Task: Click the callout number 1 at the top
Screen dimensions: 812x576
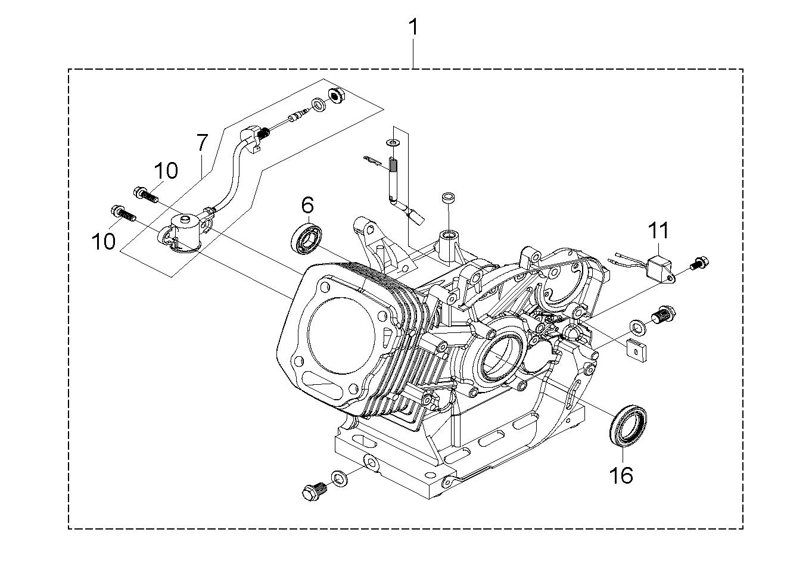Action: [413, 27]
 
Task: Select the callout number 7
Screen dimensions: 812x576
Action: [203, 142]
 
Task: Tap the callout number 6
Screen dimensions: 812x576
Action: [307, 205]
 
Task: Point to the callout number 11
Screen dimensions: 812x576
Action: [658, 231]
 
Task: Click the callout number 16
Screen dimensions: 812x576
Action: [621, 475]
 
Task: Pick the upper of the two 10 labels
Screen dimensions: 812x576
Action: [166, 170]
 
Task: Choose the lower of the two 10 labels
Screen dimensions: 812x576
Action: [104, 241]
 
